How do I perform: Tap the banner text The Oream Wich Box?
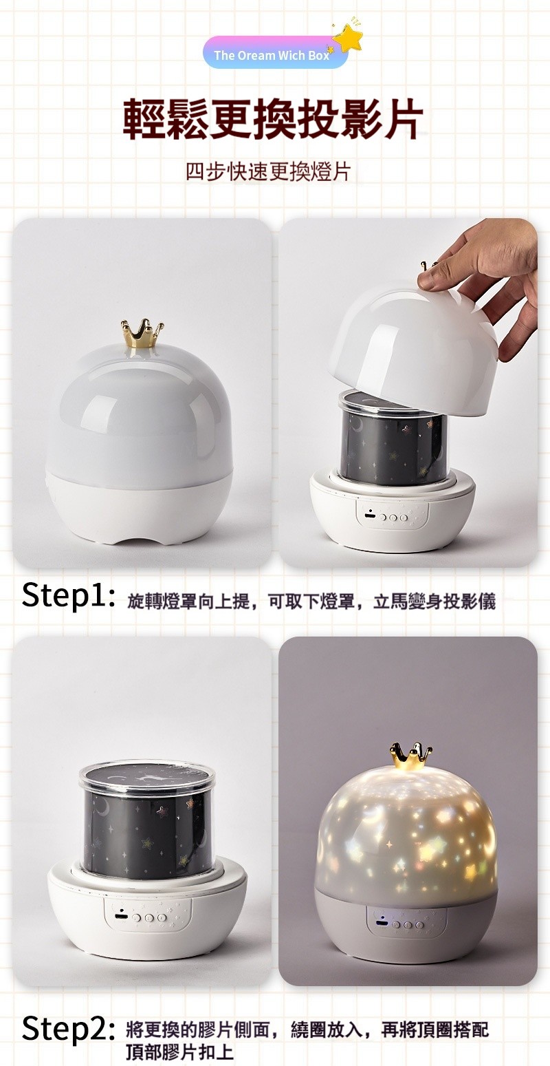(x=272, y=55)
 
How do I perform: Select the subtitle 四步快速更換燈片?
(x=268, y=172)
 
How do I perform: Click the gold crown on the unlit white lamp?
(x=142, y=333)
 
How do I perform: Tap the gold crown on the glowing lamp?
(x=410, y=756)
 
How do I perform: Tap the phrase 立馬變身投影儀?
(x=434, y=601)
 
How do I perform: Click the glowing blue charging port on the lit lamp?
(x=382, y=924)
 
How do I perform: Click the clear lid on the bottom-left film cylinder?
(x=146, y=781)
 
